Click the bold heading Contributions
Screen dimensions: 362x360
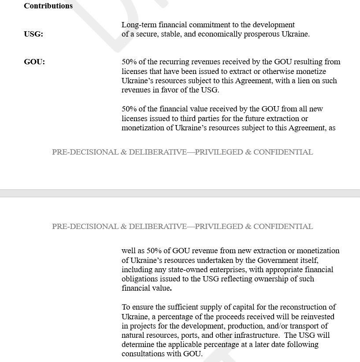(48, 6)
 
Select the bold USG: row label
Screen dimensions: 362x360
(33, 34)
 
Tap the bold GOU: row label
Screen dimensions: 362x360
(34, 62)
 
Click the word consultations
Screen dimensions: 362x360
(144, 354)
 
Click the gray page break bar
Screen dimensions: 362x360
(180, 193)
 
